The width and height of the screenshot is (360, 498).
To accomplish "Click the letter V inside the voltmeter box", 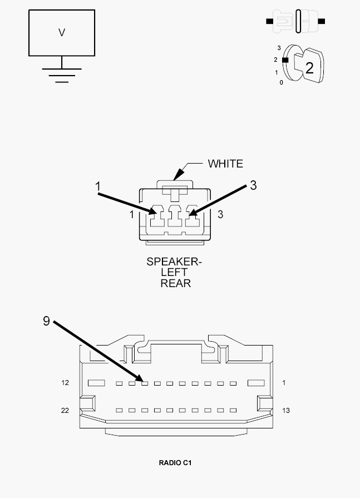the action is coord(62,32).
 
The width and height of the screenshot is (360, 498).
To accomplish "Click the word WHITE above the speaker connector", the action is coord(225,164).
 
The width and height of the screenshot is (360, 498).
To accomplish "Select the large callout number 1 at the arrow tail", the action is coord(98,186).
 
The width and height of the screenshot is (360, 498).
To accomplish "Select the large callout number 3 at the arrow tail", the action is coord(253,185).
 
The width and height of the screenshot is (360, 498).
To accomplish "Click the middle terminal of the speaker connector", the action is coord(175,216).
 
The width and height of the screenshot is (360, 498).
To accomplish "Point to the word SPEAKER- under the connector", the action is coord(174,262).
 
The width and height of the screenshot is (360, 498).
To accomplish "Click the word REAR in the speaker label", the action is coord(176,283).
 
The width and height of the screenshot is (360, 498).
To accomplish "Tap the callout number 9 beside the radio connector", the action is coord(46,321).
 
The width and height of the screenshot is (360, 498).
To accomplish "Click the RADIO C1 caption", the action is coord(175,463).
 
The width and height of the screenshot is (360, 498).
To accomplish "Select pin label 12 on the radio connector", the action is coord(65,383).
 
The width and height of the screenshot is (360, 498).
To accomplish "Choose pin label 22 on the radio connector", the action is coord(65,410).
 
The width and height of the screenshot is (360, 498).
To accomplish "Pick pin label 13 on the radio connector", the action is coord(285,410).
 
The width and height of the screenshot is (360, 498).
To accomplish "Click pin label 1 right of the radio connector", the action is coord(284,383).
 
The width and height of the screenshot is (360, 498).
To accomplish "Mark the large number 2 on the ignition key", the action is coord(309,68).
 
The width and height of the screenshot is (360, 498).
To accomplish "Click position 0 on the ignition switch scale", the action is coord(282,82).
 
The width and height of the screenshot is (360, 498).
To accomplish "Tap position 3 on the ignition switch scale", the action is coord(279,48).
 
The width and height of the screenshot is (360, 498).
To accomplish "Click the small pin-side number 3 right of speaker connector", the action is coord(220,215).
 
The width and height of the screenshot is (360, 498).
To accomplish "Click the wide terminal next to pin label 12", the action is coord(96,383).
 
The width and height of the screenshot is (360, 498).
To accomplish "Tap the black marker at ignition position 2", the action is coord(285,60).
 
